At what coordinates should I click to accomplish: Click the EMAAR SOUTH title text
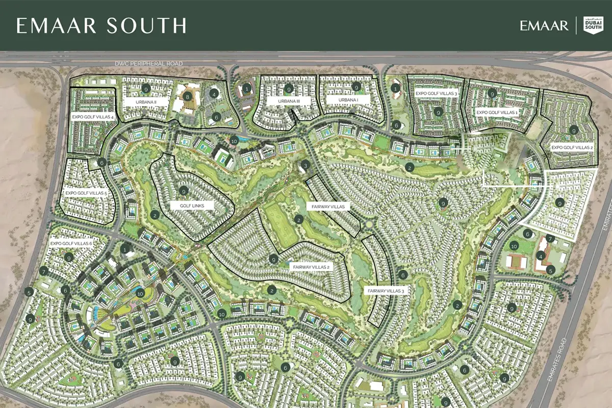pyautogui.click(x=101, y=25)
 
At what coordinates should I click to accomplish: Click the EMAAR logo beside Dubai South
pyautogui.click(x=544, y=25)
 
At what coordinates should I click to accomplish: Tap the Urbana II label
pyautogui.click(x=145, y=102)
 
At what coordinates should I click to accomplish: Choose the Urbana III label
pyautogui.click(x=289, y=101)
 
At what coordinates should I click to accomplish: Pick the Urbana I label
pyautogui.click(x=349, y=100)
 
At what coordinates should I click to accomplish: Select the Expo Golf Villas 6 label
pyautogui.click(x=71, y=244)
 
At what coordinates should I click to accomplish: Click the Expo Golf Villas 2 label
pyautogui.click(x=572, y=147)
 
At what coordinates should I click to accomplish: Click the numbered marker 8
pyautogui.click(x=188, y=96)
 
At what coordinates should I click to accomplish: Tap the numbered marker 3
pyautogui.click(x=305, y=165)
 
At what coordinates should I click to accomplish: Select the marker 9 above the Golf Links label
pyautogui.click(x=184, y=191)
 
